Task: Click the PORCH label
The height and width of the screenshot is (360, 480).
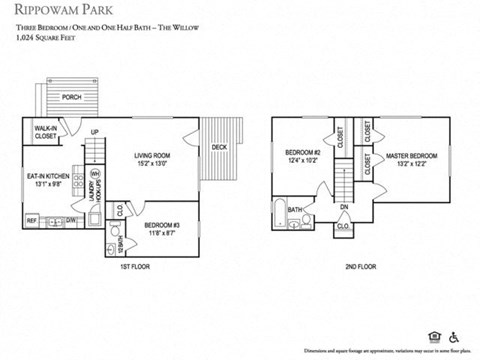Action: [x=72, y=97]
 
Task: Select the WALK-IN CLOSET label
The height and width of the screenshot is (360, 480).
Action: [x=45, y=132]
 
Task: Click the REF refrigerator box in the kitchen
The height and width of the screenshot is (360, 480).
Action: [x=31, y=220]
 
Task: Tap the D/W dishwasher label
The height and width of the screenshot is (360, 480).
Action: [x=72, y=220]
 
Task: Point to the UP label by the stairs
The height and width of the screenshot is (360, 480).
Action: [x=94, y=133]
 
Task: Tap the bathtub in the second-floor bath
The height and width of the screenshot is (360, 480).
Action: [x=280, y=214]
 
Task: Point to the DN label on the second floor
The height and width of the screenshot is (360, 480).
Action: [x=343, y=208]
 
